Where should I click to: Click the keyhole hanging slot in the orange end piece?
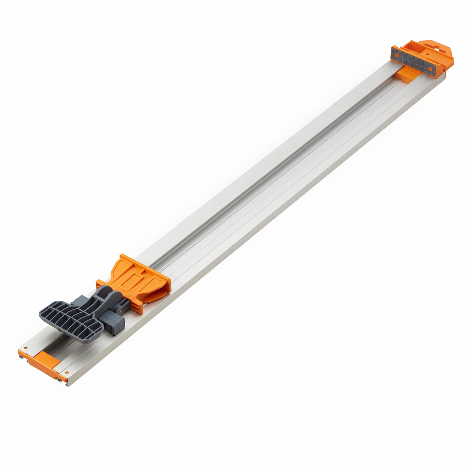(x=438, y=48)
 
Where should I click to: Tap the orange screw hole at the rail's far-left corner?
(x=25, y=348)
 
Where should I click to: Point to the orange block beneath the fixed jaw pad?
(x=403, y=76)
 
